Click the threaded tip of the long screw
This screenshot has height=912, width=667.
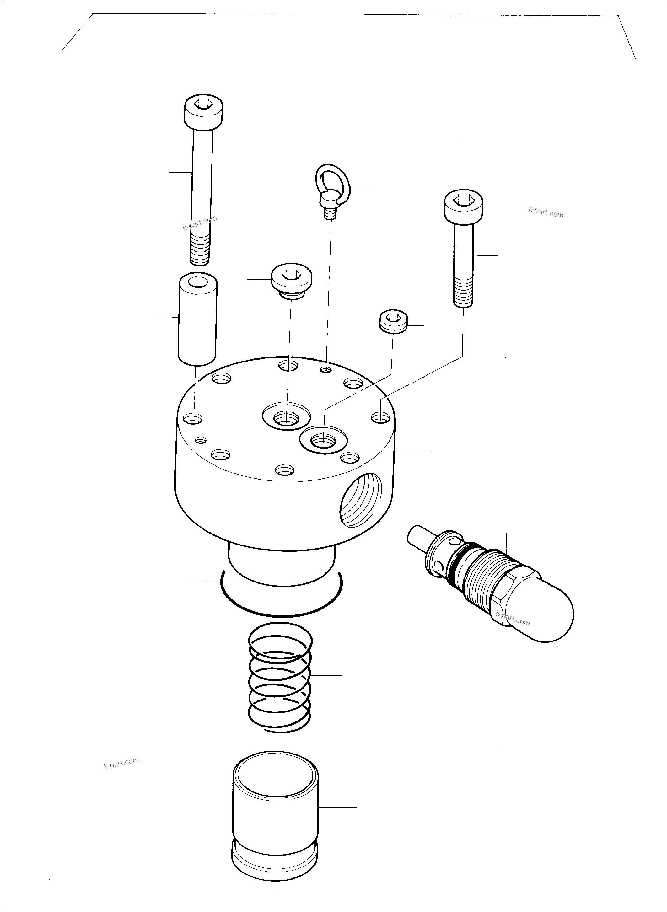(199, 251)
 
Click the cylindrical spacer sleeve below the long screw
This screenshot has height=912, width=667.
(197, 319)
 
